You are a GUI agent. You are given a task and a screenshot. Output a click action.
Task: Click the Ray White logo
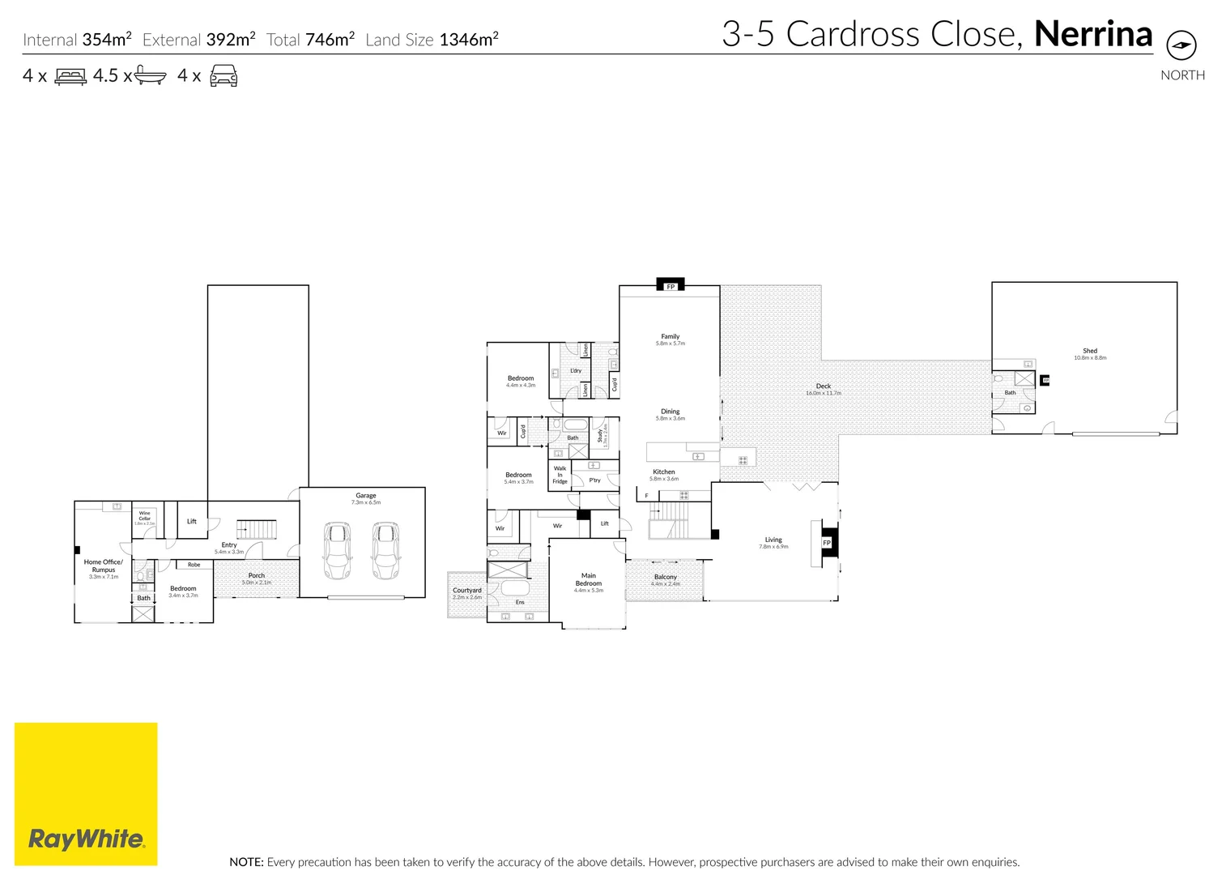tap(86, 838)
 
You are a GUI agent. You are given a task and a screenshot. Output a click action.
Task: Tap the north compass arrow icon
tap(1181, 45)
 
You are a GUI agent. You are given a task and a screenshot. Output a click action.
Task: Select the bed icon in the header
tap(70, 77)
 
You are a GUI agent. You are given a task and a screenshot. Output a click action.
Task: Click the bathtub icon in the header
tap(150, 76)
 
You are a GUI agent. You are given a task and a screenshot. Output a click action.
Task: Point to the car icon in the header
tap(223, 77)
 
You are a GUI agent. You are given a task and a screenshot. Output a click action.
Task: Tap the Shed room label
tap(1090, 352)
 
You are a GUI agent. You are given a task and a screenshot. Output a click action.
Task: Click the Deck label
tap(823, 386)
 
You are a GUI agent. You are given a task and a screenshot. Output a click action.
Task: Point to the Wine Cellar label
tap(144, 516)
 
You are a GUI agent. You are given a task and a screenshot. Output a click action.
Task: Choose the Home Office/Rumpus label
tap(104, 566)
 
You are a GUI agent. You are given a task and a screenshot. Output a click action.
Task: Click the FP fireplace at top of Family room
tap(670, 285)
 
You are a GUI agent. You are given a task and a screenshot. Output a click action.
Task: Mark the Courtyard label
tap(467, 591)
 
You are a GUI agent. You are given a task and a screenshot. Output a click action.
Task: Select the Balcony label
tap(665, 577)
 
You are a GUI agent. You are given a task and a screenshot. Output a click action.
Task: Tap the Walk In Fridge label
tap(560, 475)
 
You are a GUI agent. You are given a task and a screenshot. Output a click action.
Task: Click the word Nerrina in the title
tap(1092, 34)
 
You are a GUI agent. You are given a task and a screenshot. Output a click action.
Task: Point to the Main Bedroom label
tap(589, 579)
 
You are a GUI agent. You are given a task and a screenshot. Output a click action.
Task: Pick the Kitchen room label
tap(664, 472)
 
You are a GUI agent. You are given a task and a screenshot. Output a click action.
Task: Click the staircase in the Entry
tap(257, 530)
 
